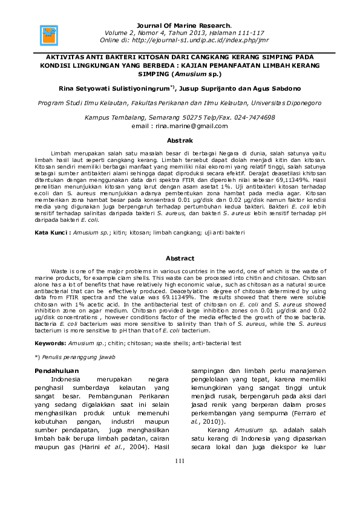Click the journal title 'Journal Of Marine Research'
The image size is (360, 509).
tap(179, 25)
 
